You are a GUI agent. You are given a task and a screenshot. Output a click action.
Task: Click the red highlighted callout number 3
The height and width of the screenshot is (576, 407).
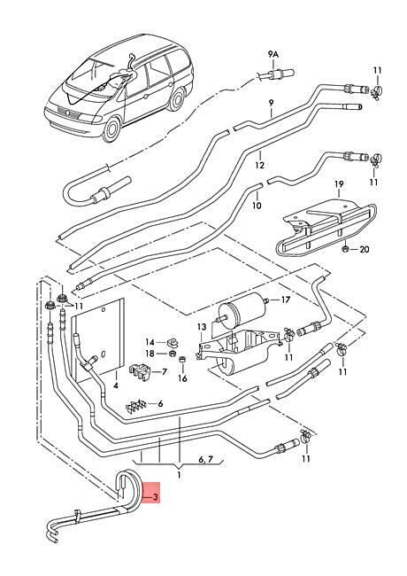[155, 497]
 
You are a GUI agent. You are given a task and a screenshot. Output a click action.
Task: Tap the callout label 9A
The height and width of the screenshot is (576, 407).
[273, 54]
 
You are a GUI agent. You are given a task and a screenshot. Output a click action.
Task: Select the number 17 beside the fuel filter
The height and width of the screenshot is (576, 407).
[285, 300]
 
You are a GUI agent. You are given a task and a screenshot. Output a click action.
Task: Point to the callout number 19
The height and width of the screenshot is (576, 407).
[339, 183]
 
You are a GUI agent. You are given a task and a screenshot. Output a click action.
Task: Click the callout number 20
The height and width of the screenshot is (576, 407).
[364, 249]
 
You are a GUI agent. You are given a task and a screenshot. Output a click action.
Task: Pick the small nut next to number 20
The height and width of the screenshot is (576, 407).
[345, 249]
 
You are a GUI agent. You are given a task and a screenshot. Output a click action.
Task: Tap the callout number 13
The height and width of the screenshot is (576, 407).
[202, 327]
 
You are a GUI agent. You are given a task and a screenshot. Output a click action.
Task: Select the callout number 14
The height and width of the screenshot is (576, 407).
[150, 342]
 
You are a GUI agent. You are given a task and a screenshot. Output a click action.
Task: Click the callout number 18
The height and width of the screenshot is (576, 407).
[150, 354]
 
